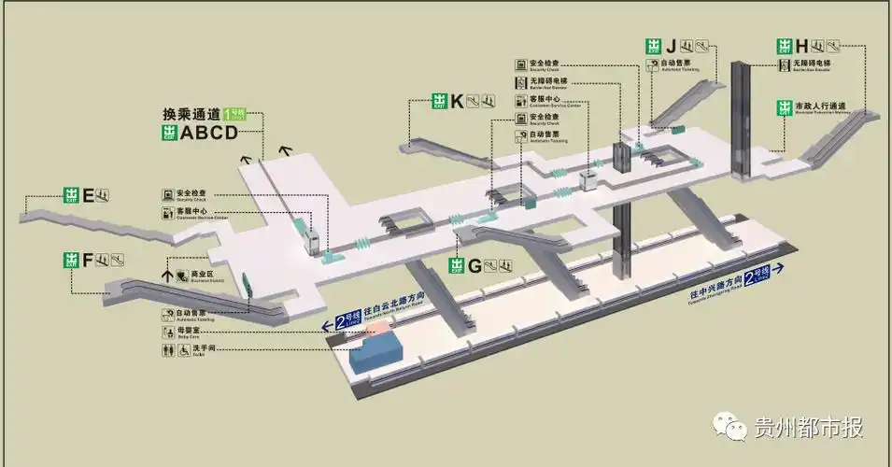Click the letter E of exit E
(x=88, y=195)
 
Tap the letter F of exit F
(x=88, y=260)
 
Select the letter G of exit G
(x=474, y=265)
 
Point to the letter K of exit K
(x=457, y=102)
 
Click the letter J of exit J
(x=671, y=46)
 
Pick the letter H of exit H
(x=801, y=46)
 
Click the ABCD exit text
(x=209, y=133)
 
